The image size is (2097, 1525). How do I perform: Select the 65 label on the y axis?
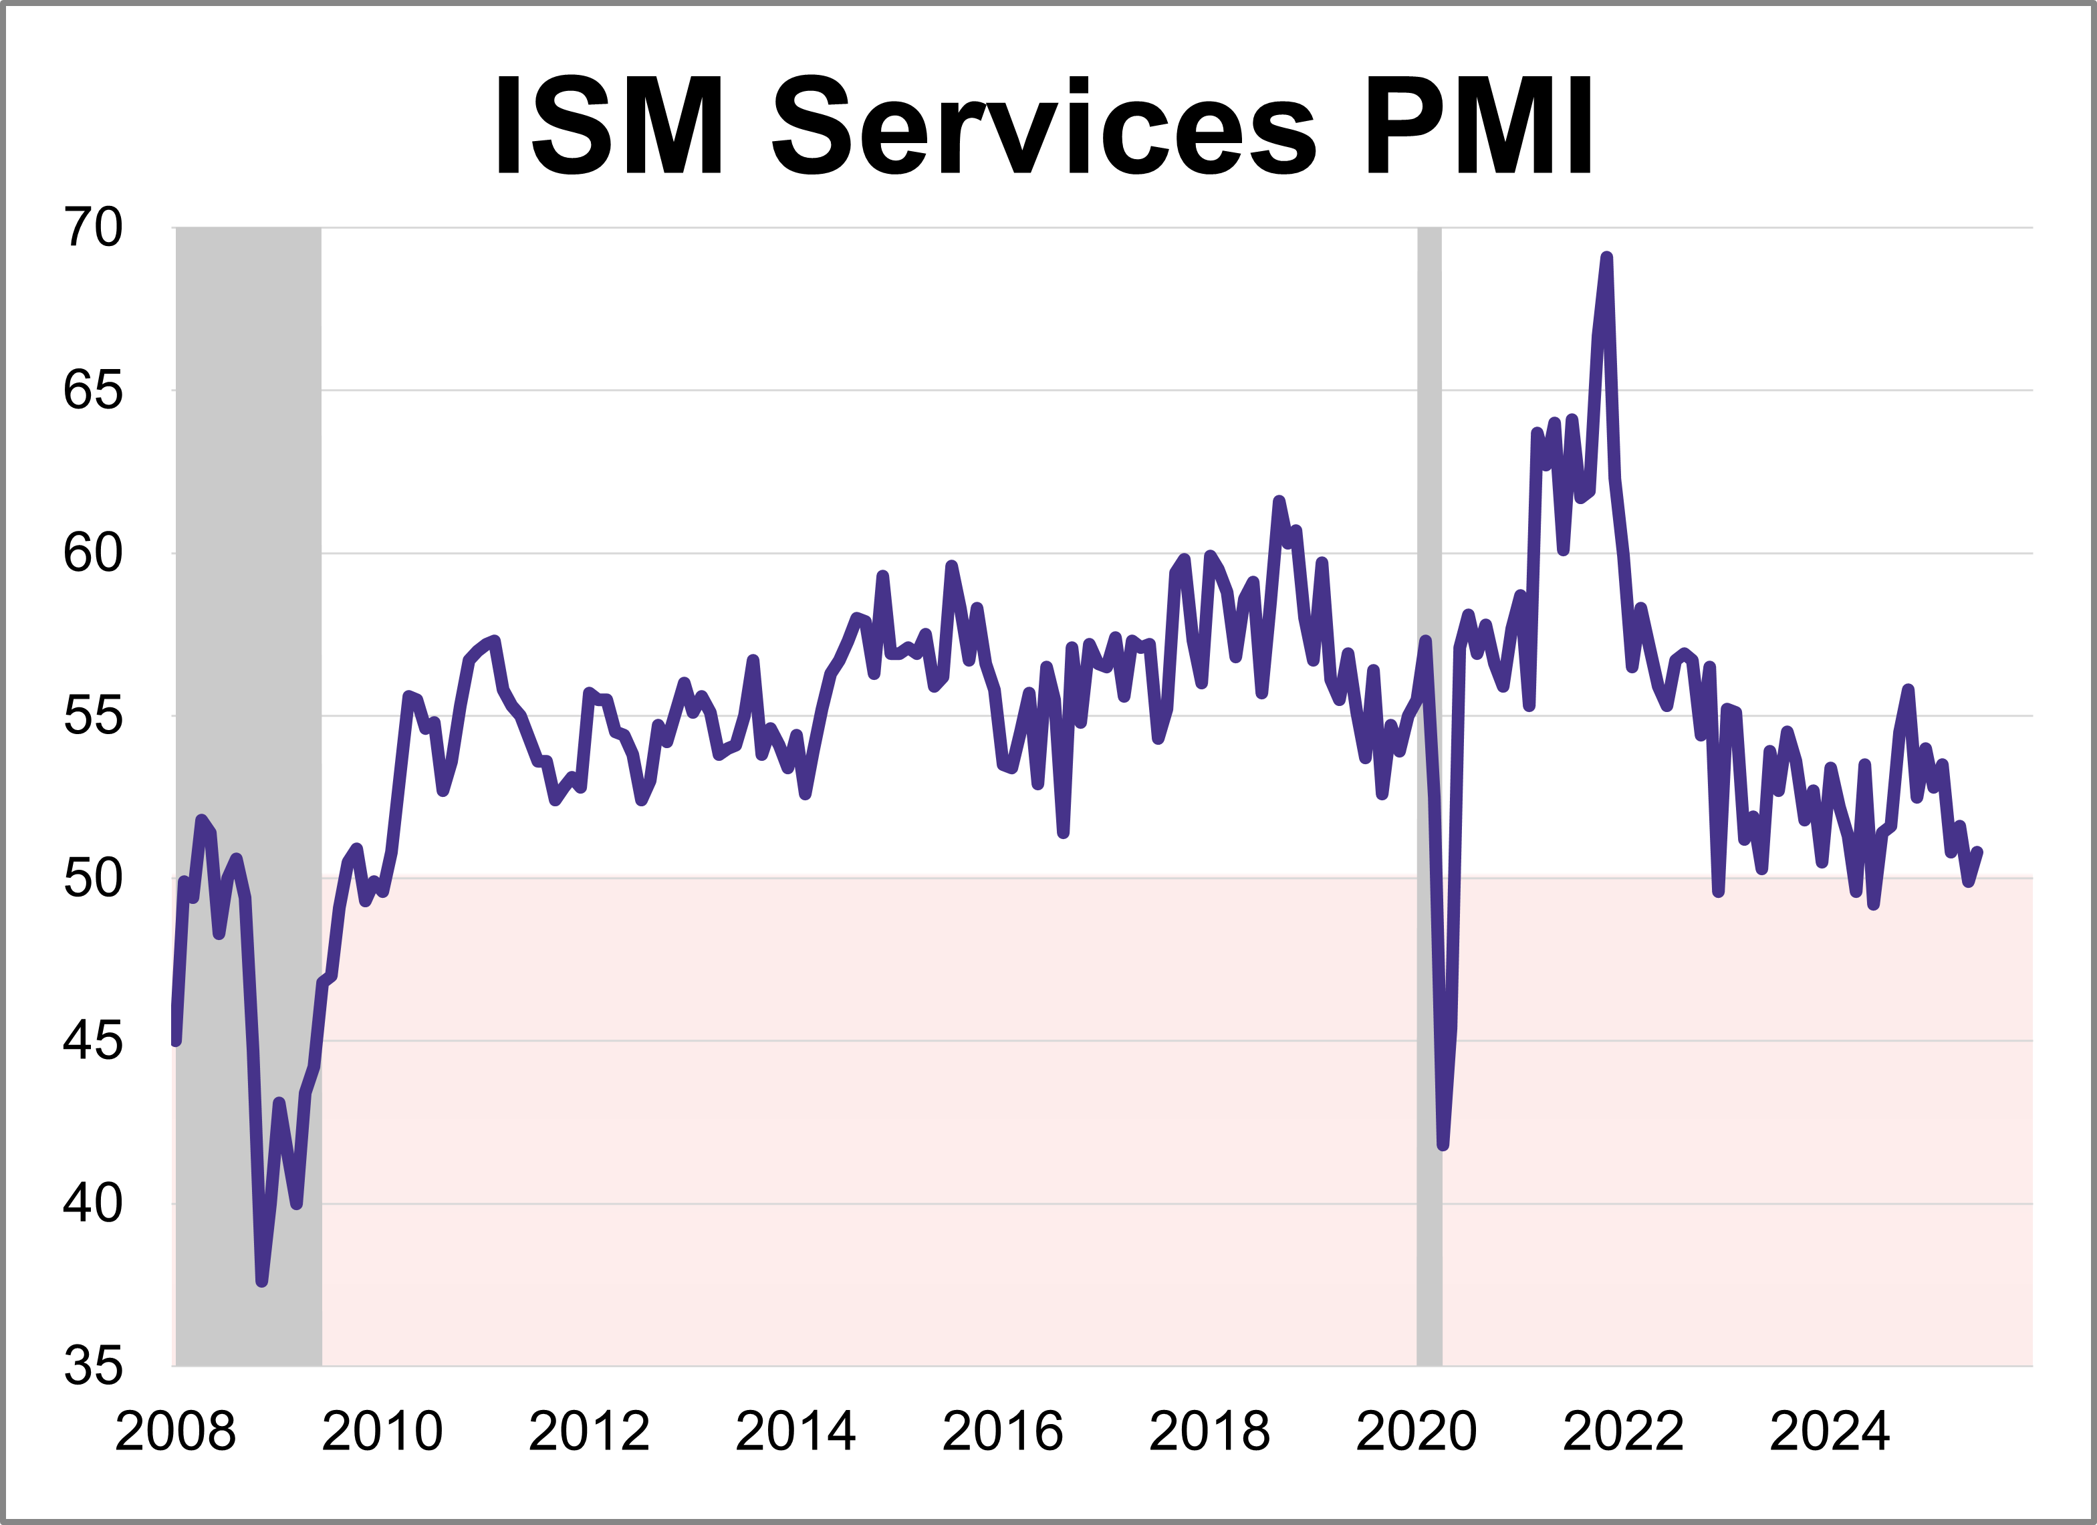click(x=92, y=390)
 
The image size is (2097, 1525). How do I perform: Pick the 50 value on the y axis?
click(x=92, y=878)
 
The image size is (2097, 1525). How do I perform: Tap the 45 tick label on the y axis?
click(x=92, y=1042)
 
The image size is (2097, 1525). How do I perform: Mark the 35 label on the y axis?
click(x=92, y=1365)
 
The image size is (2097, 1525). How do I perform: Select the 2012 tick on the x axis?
click(x=589, y=1431)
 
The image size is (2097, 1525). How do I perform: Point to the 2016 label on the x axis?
click(x=1002, y=1431)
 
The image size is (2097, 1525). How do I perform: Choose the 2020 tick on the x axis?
click(x=1416, y=1431)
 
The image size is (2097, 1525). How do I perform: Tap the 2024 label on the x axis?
click(x=1830, y=1431)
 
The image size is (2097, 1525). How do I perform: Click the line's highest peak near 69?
click(x=1607, y=258)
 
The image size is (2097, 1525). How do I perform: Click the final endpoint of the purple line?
click(x=1978, y=852)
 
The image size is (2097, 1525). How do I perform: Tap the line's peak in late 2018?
click(x=1279, y=501)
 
